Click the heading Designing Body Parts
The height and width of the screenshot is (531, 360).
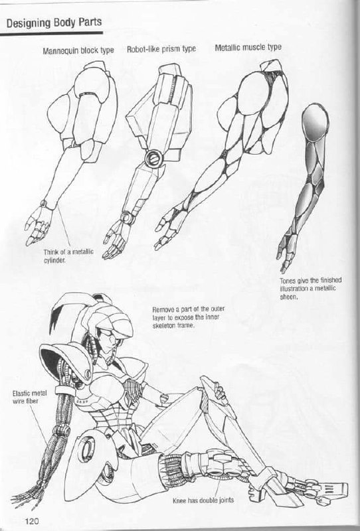pyautogui.click(x=54, y=23)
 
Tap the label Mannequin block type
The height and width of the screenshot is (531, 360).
pyautogui.click(x=78, y=51)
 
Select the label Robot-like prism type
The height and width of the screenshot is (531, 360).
pyautogui.click(x=161, y=49)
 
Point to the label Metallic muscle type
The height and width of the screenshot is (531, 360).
pyautogui.click(x=248, y=47)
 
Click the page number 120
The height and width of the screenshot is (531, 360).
pyautogui.click(x=32, y=520)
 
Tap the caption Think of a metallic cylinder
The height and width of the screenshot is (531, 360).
pyautogui.click(x=68, y=256)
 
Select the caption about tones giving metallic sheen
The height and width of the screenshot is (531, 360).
pyautogui.click(x=310, y=289)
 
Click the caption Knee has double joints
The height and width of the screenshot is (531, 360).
pyautogui.click(x=203, y=500)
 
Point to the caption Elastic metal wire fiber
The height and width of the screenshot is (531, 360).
pyautogui.click(x=29, y=397)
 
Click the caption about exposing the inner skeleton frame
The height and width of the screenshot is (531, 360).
pyautogui.click(x=188, y=317)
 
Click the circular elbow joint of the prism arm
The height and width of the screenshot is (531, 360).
pyautogui.click(x=153, y=158)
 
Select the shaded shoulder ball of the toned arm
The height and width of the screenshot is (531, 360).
pyautogui.click(x=315, y=122)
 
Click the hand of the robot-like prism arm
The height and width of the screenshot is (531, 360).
pyautogui.click(x=117, y=239)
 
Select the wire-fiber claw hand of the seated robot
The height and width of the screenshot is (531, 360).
pyautogui.click(x=29, y=495)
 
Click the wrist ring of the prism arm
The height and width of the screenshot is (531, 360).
pyautogui.click(x=128, y=218)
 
